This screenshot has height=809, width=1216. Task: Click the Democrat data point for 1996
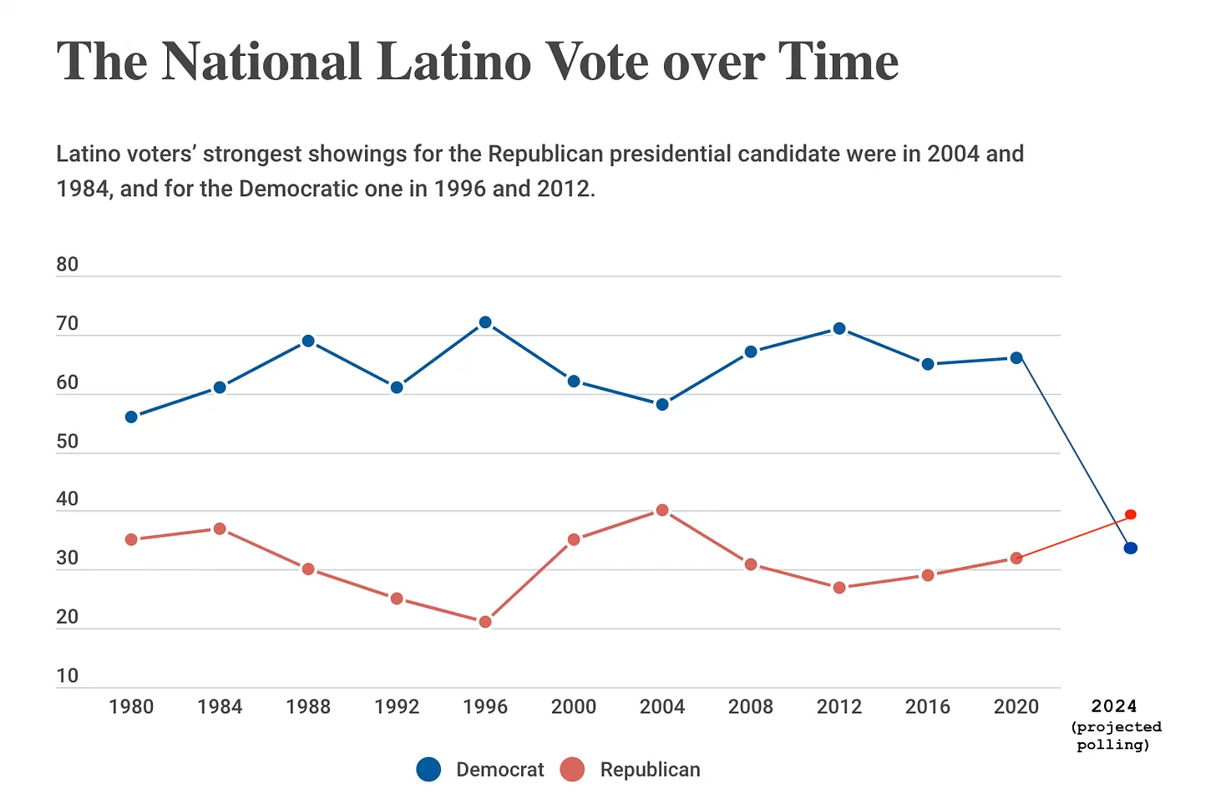[485, 322]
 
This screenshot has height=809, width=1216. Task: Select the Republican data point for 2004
[662, 510]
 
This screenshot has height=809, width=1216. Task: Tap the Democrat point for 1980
[131, 417]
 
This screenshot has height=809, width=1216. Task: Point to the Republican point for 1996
[485, 622]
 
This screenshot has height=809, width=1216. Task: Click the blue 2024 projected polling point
[1131, 549]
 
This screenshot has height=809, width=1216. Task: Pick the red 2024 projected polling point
[1131, 514]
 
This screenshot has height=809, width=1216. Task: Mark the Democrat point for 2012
[839, 329]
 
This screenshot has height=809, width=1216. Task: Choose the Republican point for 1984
[220, 528]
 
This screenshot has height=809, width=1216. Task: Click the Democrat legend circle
[428, 770]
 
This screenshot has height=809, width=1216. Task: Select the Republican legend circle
[572, 770]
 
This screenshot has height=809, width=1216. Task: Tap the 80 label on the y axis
[68, 265]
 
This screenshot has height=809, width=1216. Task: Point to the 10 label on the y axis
[68, 676]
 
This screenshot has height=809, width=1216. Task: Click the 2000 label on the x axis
[574, 707]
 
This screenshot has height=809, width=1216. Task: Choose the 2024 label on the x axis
[1114, 707]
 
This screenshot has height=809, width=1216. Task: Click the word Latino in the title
[453, 62]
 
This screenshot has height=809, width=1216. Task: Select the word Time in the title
[838, 62]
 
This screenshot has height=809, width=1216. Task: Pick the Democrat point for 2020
[1016, 358]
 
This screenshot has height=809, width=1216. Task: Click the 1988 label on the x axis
[308, 707]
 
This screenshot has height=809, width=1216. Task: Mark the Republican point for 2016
[928, 575]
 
